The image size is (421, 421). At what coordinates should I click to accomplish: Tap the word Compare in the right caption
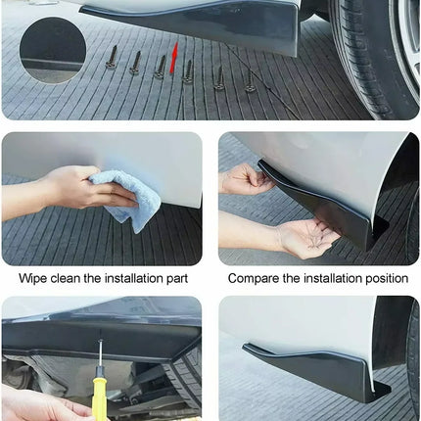point(255,278)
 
